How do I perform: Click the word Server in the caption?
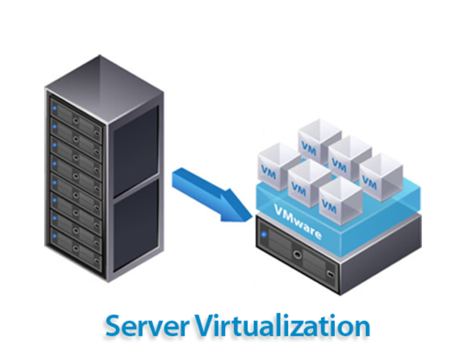tap(147, 326)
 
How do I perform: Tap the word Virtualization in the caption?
tap(282, 326)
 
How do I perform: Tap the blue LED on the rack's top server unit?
tap(55, 107)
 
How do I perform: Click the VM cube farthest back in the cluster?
tap(320, 138)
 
